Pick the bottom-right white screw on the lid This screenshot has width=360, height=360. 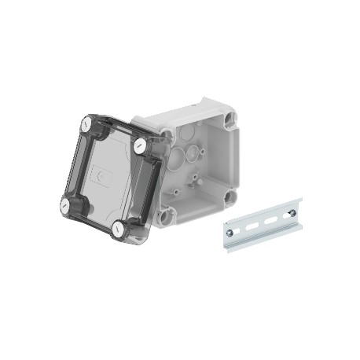pyautogui.click(x=118, y=229)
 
